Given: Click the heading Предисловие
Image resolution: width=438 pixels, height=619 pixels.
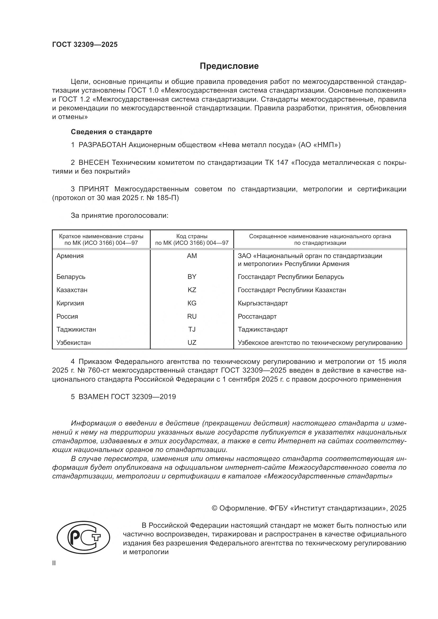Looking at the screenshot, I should pyautogui.click(x=229, y=66).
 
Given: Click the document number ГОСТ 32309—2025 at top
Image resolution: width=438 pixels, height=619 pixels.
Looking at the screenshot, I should pyautogui.click(x=85, y=44).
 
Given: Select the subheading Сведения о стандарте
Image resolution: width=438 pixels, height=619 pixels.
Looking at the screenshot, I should pyautogui.click(x=111, y=132).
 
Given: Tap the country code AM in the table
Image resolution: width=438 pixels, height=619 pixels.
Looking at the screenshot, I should pyautogui.click(x=192, y=256).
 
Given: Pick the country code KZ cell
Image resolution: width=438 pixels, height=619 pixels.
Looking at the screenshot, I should pyautogui.click(x=192, y=290).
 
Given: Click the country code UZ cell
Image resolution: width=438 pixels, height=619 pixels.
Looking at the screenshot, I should pyautogui.click(x=192, y=342).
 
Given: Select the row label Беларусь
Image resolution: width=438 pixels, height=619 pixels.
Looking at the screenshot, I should pyautogui.click(x=71, y=277).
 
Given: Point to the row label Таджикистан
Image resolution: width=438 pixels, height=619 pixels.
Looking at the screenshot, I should pyautogui.click(x=76, y=329).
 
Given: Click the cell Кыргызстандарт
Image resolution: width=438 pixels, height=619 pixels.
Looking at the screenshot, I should pyautogui.click(x=263, y=303).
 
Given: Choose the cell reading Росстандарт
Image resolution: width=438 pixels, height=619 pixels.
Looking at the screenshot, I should pyautogui.click(x=257, y=316).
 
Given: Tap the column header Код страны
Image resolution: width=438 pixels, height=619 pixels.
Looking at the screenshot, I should pyautogui.click(x=192, y=236).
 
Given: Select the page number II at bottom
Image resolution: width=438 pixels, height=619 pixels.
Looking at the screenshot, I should pyautogui.click(x=54, y=563).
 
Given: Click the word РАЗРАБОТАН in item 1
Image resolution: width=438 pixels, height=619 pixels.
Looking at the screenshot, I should pyautogui.click(x=102, y=145).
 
